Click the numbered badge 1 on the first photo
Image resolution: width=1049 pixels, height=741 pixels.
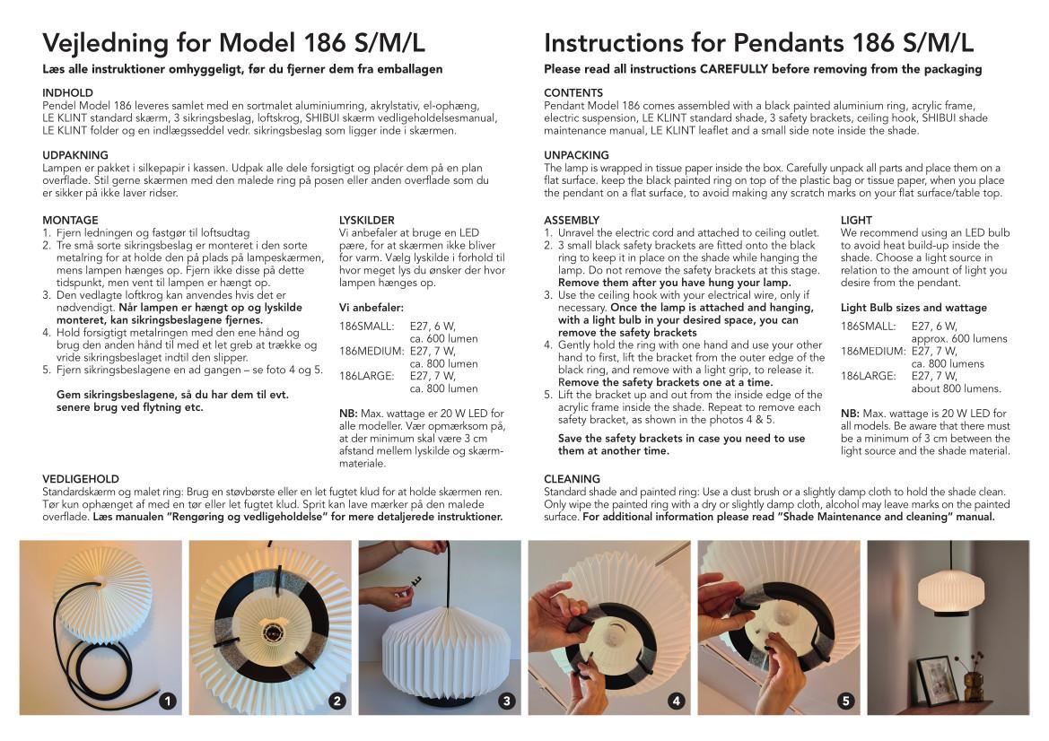[x=168, y=701]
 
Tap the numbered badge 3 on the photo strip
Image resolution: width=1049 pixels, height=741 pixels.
[x=507, y=701]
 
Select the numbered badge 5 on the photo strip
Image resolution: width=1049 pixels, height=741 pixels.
[x=846, y=701]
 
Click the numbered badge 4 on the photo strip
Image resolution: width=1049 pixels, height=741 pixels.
[x=677, y=701]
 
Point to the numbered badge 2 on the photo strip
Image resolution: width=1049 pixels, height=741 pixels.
[x=337, y=701]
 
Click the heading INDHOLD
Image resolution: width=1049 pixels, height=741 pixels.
[x=67, y=93]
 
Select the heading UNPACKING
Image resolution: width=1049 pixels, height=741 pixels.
[x=576, y=155]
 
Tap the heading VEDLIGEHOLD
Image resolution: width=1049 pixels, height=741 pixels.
[x=80, y=479]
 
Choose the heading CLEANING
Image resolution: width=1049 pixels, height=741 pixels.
[x=572, y=479]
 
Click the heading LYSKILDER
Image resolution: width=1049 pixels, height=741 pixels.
[x=367, y=220]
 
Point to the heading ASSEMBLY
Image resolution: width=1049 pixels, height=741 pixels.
[x=572, y=220]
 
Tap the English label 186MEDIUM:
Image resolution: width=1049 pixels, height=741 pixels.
[x=873, y=351]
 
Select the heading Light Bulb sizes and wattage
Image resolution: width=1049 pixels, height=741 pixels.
[x=914, y=308]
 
